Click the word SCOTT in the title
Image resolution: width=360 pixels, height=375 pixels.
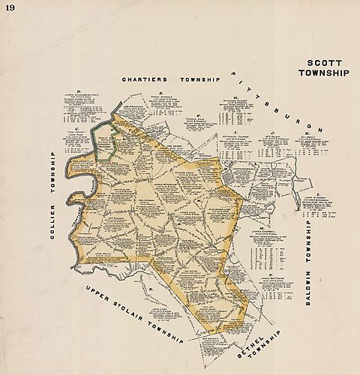click(324, 63)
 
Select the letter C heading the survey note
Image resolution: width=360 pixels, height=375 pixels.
click(78, 129)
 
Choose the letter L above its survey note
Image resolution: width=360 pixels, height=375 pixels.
click(318, 194)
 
